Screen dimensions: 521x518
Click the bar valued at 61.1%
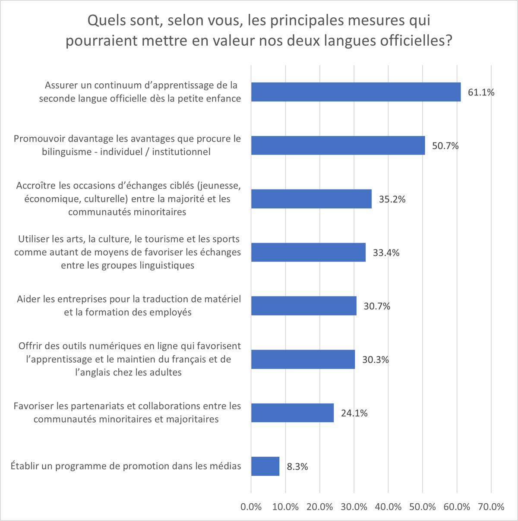pos(356,92)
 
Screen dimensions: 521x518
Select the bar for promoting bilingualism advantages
pos(338,145)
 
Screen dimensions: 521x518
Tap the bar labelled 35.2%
pos(311,199)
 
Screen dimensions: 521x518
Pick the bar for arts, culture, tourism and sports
pos(308,253)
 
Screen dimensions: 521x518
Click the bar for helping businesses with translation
pos(304,306)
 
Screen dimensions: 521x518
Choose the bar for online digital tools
pos(303,360)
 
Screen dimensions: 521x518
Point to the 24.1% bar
pos(292,413)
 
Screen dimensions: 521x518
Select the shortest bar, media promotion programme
pos(265,467)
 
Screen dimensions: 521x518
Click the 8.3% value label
pos(297,467)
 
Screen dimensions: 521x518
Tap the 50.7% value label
pos(445,146)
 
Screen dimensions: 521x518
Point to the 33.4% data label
pos(386,253)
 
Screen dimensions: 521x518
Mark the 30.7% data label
pos(377,306)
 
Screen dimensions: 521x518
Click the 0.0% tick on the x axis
pos(251,507)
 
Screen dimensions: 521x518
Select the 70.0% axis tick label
pos(491,507)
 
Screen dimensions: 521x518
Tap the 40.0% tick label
pos(388,507)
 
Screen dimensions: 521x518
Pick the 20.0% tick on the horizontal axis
pos(320,507)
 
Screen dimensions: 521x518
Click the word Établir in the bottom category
pos(25,466)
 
